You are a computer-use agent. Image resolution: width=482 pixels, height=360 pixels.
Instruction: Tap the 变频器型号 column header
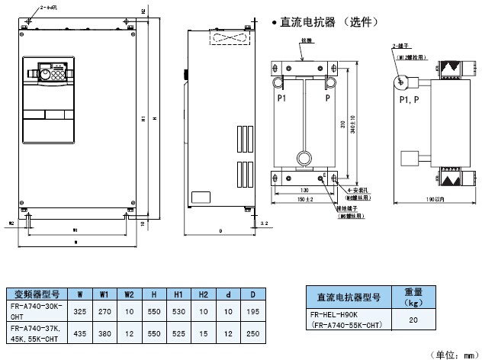[37, 293]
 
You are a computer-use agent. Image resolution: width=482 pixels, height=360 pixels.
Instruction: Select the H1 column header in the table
[178, 293]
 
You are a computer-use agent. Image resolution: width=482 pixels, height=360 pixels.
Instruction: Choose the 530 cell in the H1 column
[178, 310]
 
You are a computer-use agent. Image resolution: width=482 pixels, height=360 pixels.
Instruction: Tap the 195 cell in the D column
[252, 310]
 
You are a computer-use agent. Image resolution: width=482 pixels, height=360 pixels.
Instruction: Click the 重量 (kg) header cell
[413, 296]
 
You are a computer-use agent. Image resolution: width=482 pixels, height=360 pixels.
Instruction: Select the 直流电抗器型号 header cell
[347, 296]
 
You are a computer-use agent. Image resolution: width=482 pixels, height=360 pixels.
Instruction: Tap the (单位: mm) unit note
[455, 353]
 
